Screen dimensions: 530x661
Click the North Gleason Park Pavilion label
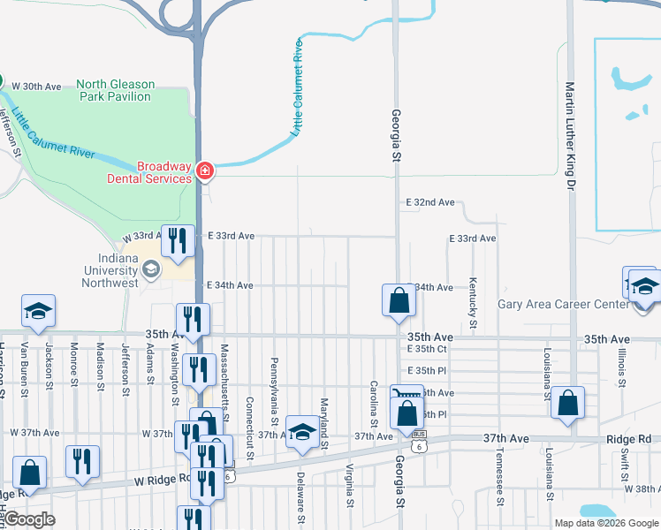coord(115,90)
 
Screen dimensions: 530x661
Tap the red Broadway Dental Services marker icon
coord(205,170)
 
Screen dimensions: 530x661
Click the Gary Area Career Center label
coord(561,305)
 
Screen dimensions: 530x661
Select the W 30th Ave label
coord(34,86)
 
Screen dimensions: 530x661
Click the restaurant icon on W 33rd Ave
coord(179,241)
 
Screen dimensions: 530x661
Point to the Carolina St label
coord(374,397)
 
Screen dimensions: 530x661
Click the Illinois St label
coord(623,367)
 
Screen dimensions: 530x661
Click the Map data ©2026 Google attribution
coord(605,523)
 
